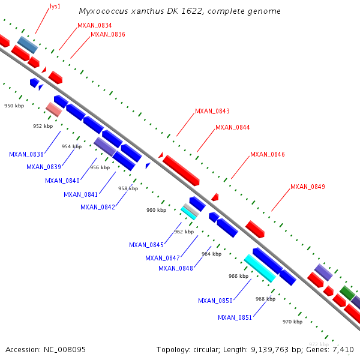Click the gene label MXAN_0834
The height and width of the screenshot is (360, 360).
pyautogui.click(x=94, y=25)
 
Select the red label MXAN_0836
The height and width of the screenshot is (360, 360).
pyautogui.click(x=107, y=34)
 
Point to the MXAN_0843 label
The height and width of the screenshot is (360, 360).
pyautogui.click(x=212, y=111)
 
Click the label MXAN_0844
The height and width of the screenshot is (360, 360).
pyautogui.click(x=232, y=127)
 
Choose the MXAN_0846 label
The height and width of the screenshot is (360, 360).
pyautogui.click(x=267, y=154)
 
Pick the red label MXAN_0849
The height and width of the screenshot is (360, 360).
pyautogui.click(x=308, y=187)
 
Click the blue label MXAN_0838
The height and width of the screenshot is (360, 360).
pyautogui.click(x=26, y=154)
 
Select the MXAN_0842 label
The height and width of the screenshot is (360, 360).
pyautogui.click(x=98, y=207)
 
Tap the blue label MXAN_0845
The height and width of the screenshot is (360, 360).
pyautogui.click(x=146, y=245)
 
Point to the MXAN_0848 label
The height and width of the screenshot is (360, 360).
pyautogui.click(x=176, y=268)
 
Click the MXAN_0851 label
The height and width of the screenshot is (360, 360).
pyautogui.click(x=235, y=317)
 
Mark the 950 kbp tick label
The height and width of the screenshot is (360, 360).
pyautogui.click(x=13, y=106)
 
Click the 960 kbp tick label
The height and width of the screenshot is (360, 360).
pyautogui.click(x=156, y=210)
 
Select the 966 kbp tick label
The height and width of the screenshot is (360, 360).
pyautogui.click(x=238, y=276)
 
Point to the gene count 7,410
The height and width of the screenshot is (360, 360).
pyautogui.click(x=344, y=349)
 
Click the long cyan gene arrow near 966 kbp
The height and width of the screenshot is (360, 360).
pyautogui.click(x=260, y=268)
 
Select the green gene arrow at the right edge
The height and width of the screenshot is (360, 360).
pyautogui.click(x=347, y=293)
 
